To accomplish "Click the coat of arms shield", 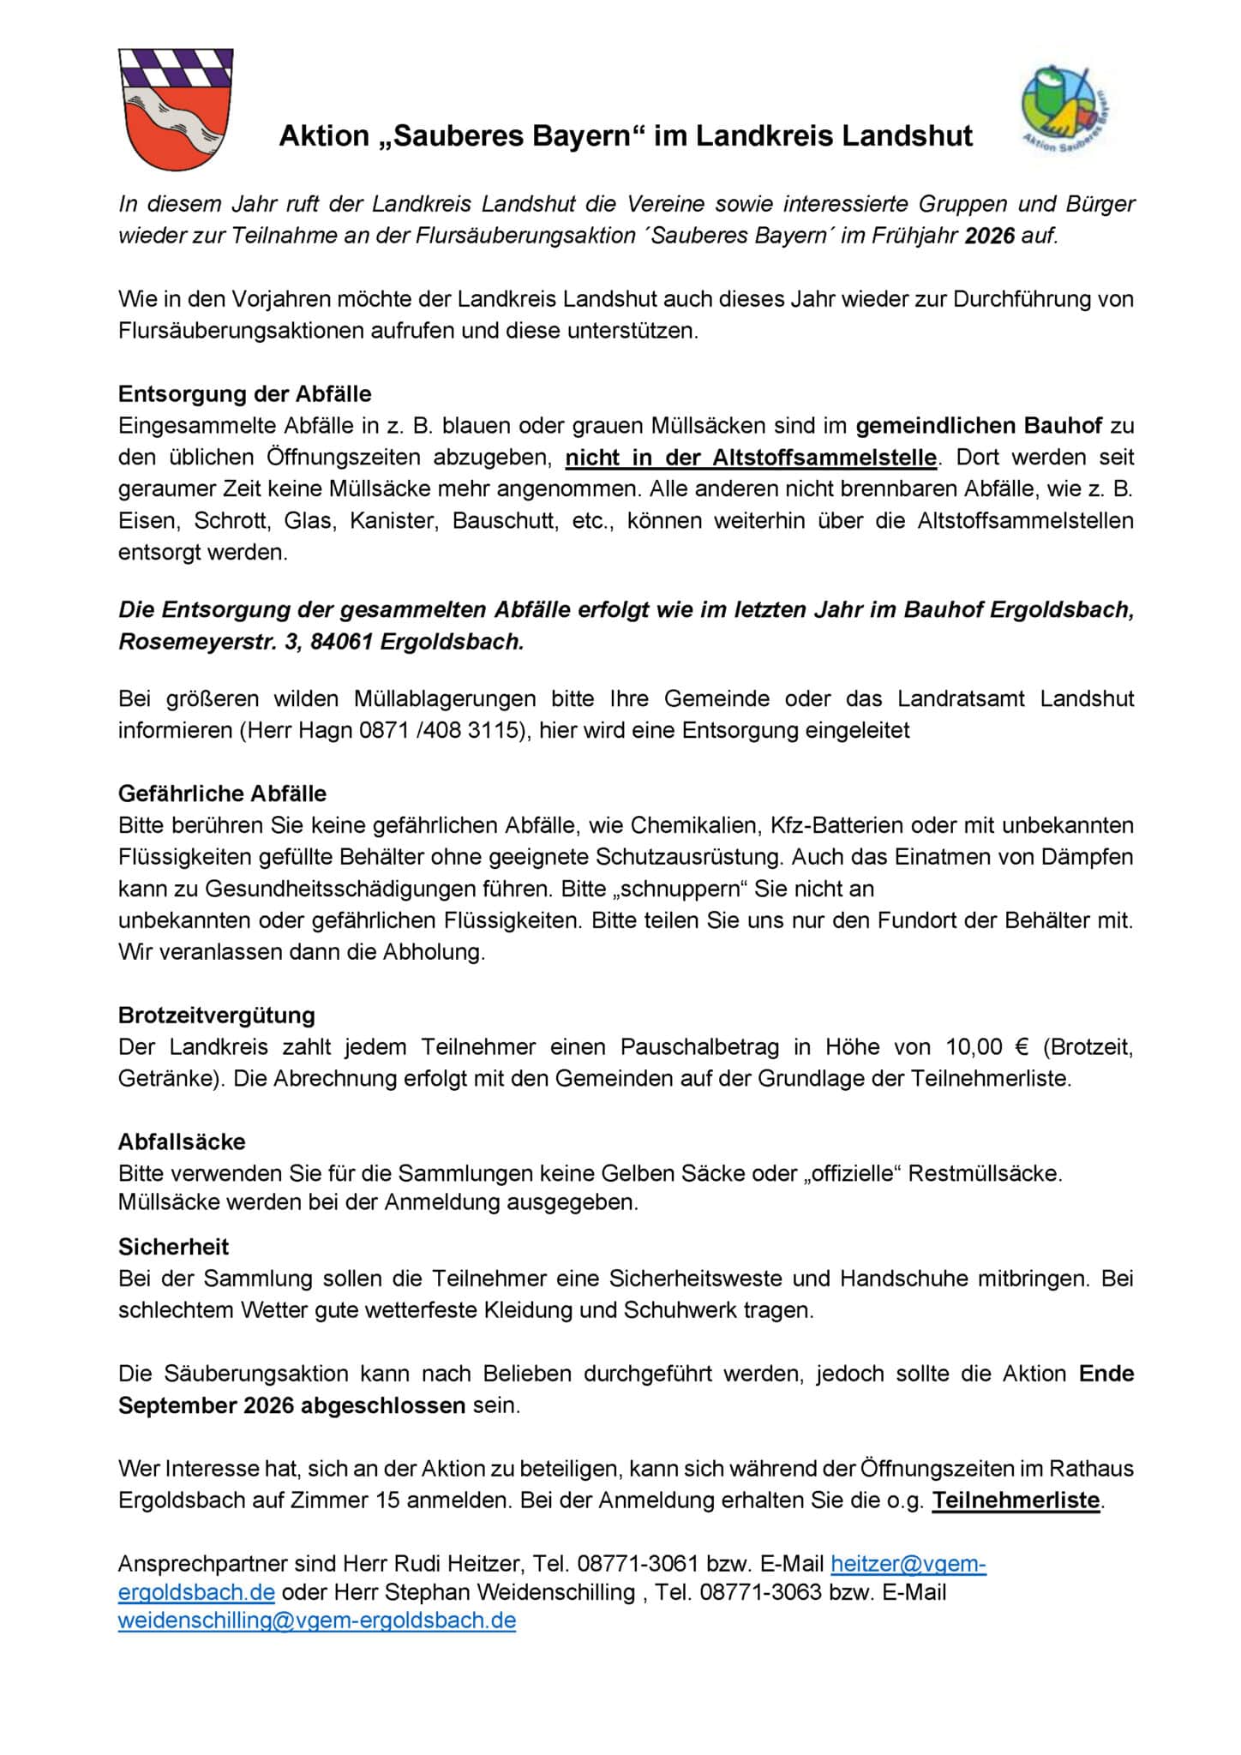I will [176, 109].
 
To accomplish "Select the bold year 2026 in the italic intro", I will [989, 236].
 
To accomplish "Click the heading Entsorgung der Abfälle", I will [245, 394].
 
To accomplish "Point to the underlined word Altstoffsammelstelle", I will [824, 458].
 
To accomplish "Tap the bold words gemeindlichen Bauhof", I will [979, 426].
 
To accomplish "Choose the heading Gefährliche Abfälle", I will [223, 794].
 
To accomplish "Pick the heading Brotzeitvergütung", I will [217, 1015].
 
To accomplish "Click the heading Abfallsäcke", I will [182, 1141].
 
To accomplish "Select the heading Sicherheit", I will [174, 1247].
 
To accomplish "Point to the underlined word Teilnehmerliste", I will [1016, 1500].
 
